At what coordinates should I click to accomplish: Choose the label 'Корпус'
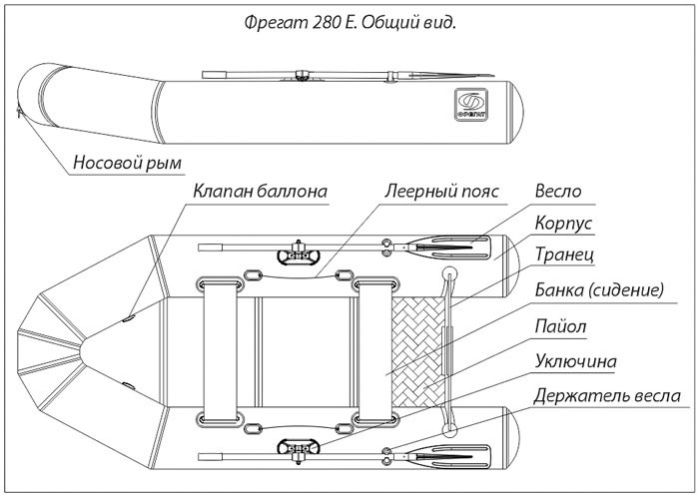coord(564,224)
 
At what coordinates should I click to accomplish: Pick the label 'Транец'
coord(564,256)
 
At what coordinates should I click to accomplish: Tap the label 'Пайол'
coord(560,325)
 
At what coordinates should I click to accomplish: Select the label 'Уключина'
coord(575,360)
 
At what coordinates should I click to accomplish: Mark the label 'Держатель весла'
coord(607,395)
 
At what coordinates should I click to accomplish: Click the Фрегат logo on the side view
coord(470,104)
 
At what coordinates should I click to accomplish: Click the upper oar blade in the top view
coord(454,242)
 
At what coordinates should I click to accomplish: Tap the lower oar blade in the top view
coord(454,458)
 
